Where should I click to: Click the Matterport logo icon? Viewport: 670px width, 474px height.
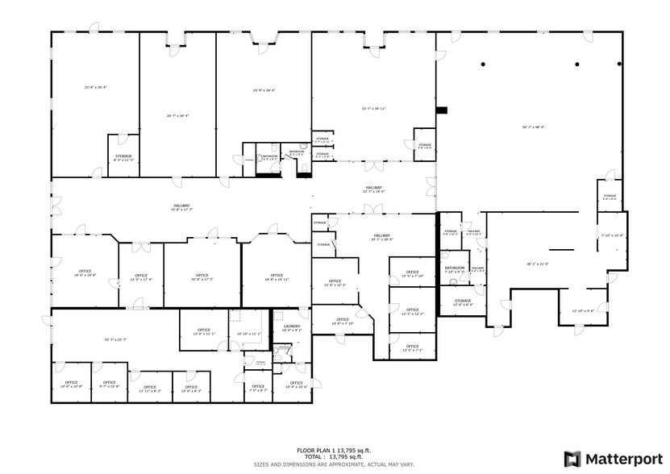pos(572,459)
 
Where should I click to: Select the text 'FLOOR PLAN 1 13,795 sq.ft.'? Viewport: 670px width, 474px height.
pos(333,450)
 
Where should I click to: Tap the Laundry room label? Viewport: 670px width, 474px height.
pos(292,327)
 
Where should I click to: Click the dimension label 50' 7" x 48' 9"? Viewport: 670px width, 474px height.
pos(533,127)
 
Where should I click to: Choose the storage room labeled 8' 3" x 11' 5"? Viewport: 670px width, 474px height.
pos(123,158)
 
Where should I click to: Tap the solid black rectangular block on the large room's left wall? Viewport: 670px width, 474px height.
pos(441,110)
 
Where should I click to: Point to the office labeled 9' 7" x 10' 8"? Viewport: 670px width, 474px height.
pos(109,385)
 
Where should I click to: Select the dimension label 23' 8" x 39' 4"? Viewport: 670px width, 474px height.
pos(95,87)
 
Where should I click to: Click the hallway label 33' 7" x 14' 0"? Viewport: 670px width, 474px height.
pos(373,191)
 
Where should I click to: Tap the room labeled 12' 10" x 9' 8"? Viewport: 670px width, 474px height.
pos(583,310)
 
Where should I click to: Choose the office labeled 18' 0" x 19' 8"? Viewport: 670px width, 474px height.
pos(85,273)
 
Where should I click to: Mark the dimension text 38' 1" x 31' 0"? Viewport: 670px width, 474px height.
pos(538,263)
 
